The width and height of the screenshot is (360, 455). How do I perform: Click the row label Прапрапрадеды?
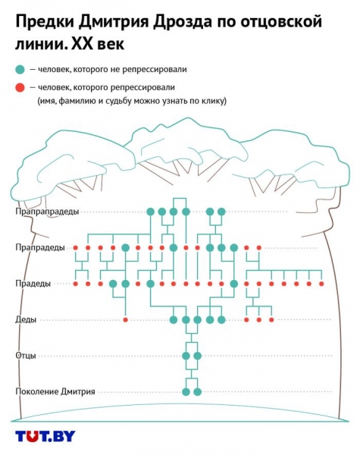[47, 212]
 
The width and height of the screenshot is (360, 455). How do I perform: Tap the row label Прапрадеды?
[40, 247]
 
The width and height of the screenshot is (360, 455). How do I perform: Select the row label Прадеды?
[33, 284]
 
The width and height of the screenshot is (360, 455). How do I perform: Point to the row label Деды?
[26, 320]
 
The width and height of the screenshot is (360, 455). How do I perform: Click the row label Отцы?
[26, 356]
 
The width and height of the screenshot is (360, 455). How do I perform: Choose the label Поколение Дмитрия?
[55, 391]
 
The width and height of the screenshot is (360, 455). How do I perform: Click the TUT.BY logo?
[45, 436]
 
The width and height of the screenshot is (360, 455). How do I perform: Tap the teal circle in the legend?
[20, 70]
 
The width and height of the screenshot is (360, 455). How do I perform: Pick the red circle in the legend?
[20, 88]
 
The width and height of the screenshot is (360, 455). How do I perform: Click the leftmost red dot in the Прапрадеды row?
[76, 248]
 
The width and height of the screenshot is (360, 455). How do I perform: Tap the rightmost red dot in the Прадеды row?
[321, 284]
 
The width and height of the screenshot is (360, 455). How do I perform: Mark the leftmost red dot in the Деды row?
[125, 320]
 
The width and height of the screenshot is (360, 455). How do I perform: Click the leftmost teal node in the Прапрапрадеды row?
[150, 212]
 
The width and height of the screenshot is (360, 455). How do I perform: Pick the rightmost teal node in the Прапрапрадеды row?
[221, 212]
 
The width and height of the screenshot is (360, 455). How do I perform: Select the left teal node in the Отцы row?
[186, 356]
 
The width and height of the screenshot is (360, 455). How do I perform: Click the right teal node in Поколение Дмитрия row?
[198, 392]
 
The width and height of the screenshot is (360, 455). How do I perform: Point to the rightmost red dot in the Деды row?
[271, 320]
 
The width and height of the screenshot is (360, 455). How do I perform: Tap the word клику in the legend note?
[214, 101]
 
